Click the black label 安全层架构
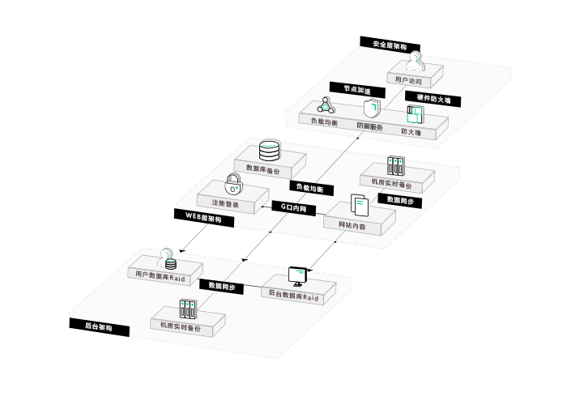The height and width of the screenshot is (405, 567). (390, 45)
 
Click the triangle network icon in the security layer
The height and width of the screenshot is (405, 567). (325, 104)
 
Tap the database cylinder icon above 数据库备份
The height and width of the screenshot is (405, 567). (268, 150)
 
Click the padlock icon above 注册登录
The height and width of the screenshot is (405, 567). (233, 182)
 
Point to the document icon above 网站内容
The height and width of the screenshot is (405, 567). (357, 204)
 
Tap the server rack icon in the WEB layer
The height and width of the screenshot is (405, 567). (394, 166)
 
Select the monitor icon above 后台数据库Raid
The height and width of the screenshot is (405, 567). (301, 277)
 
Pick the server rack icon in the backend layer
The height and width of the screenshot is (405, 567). (187, 309)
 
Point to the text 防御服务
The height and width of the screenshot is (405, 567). (370, 127)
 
